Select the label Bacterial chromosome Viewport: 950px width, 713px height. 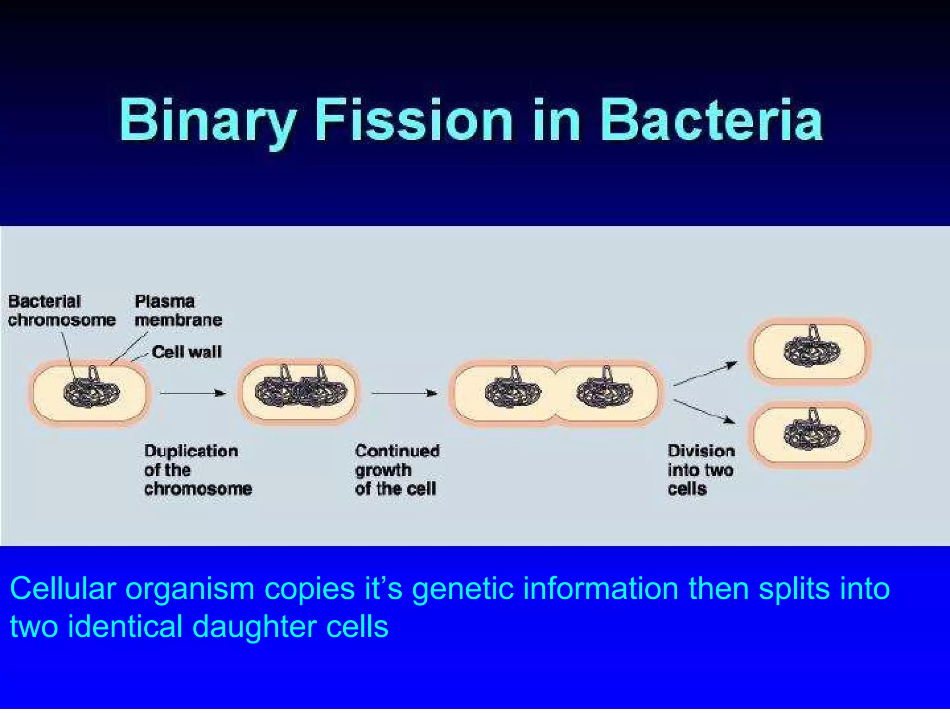pos(61,311)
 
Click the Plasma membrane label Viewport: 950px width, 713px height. pos(178,311)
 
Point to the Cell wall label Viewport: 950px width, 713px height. pos(186,352)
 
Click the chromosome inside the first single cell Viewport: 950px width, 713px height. pos(91,392)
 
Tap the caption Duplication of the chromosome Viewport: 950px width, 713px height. pos(198,470)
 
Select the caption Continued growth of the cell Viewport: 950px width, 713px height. pos(397,470)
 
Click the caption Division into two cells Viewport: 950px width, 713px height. pos(701,470)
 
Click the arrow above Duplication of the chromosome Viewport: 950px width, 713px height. pos(193,393)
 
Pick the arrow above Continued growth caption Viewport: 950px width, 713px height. pos(404,393)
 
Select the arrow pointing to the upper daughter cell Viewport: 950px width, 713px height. pos(705,373)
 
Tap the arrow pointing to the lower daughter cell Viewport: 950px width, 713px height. pos(704,411)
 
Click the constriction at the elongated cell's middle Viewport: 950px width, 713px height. pos(555,394)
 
